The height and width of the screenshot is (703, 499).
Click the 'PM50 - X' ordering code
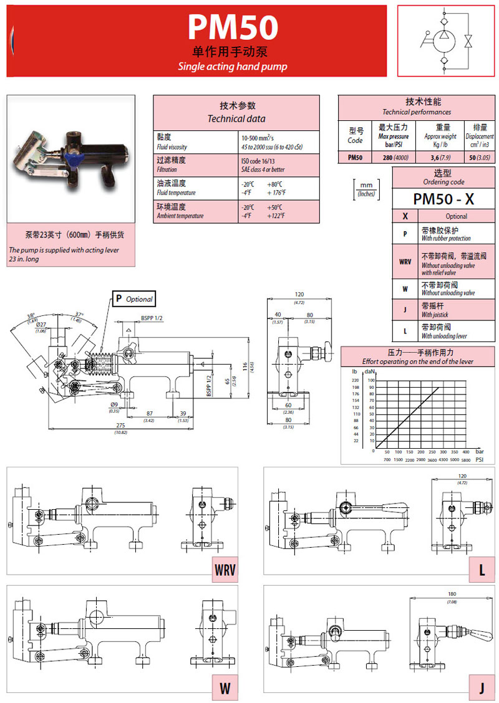pos(443,198)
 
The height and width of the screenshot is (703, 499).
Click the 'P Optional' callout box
pos(133,299)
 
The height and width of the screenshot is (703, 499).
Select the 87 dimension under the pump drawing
pos(150,413)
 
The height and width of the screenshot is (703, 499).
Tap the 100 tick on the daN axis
pos(371,380)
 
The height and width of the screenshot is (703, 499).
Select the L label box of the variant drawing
pos(482,570)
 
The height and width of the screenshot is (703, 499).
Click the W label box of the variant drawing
pos(225,689)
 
